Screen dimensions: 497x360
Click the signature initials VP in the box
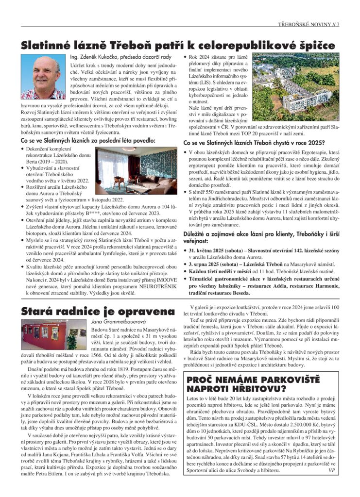click(332, 470)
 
